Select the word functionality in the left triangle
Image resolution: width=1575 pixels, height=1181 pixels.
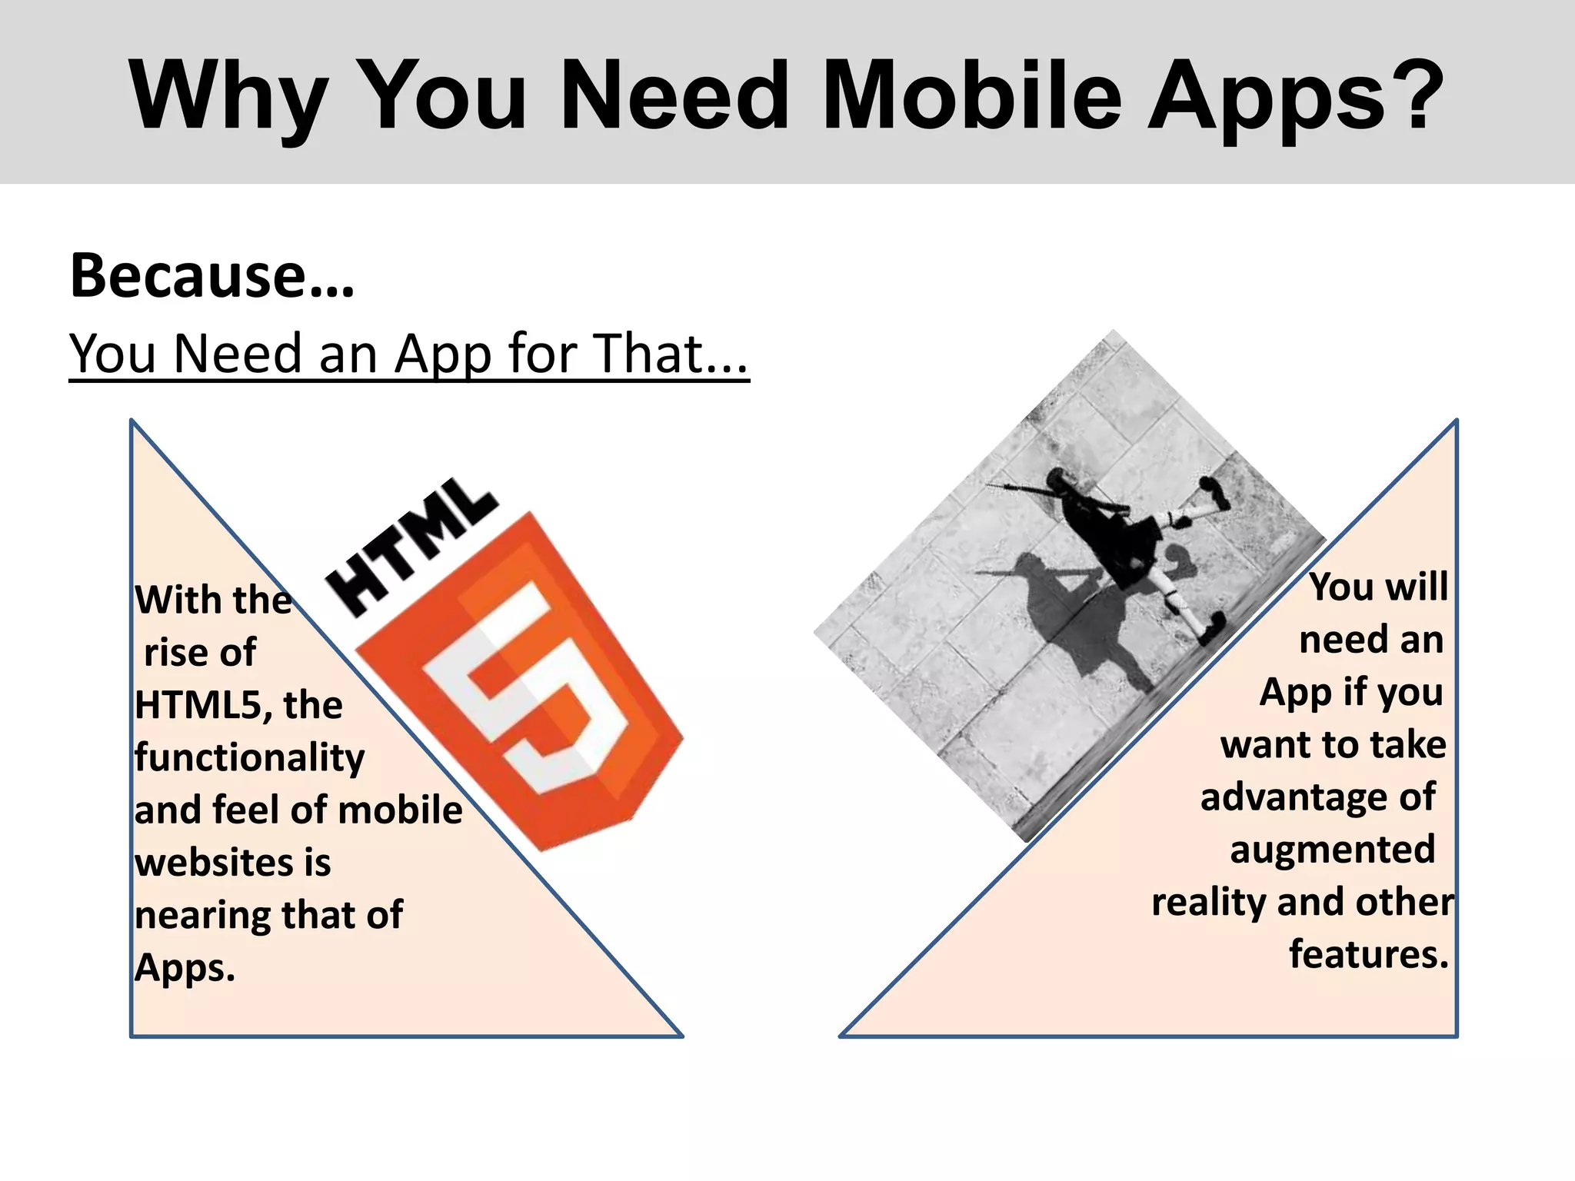coord(249,758)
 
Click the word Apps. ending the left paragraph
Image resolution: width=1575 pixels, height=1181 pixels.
coord(185,968)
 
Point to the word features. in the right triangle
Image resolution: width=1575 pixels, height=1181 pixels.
coord(1368,954)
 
